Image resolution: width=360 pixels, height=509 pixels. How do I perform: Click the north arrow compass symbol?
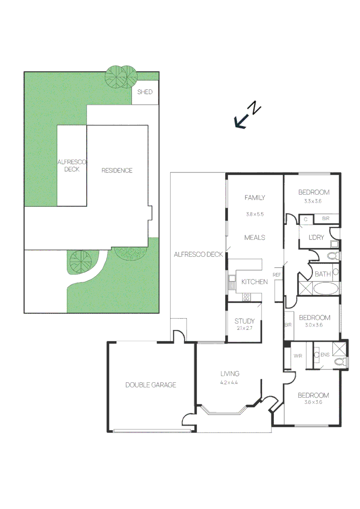248,115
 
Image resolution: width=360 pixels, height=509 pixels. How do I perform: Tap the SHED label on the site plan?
145,92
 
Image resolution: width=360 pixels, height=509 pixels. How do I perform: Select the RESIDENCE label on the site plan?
117,171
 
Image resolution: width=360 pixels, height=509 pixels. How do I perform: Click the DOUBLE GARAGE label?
151,385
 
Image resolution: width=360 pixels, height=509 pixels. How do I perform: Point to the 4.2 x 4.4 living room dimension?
229,382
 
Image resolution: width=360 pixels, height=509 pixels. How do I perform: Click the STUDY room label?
245,321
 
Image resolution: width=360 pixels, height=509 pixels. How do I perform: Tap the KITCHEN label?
254,282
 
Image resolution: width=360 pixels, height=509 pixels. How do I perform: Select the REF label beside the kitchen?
277,275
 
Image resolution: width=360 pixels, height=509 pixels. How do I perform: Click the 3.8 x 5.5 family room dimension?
255,214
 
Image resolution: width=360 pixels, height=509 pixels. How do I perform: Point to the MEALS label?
255,238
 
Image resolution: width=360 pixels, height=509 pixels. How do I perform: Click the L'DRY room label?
316,238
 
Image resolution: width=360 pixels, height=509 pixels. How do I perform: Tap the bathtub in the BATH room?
326,288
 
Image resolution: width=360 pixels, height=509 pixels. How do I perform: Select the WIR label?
298,356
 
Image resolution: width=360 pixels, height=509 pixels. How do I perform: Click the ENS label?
325,355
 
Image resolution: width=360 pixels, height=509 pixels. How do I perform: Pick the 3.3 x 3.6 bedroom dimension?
312,201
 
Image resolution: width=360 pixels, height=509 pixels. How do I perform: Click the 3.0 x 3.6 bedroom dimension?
313,325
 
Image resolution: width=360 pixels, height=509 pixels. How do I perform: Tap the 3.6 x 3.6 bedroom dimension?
313,402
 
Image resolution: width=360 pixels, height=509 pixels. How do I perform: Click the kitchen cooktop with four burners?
246,297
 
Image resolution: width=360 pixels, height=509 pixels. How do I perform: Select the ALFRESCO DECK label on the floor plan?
198,254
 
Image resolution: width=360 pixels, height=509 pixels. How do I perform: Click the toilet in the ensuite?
341,361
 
